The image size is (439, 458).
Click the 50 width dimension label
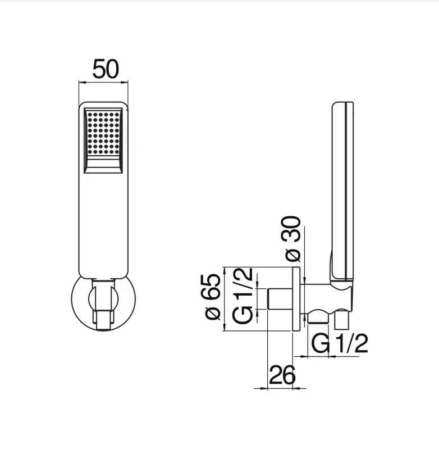click(x=106, y=69)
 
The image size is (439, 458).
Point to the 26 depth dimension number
click(x=282, y=374)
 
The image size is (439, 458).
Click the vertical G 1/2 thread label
click(x=243, y=296)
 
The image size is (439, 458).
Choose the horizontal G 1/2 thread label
click(x=340, y=343)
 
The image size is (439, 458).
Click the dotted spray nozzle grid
click(x=103, y=134)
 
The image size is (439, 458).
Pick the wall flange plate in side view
click(x=296, y=299)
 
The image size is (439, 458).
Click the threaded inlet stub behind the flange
click(x=280, y=299)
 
